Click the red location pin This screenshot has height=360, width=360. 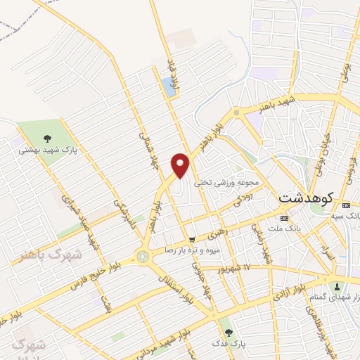[181, 164]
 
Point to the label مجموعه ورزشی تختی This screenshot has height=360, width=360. [229, 181]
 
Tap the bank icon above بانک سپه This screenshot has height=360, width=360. [345, 205]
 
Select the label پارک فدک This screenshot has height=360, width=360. [227, 342]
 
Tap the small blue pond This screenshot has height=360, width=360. [169, 86]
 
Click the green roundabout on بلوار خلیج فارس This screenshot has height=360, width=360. [143, 257]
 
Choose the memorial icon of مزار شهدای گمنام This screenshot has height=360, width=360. [337, 285]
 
